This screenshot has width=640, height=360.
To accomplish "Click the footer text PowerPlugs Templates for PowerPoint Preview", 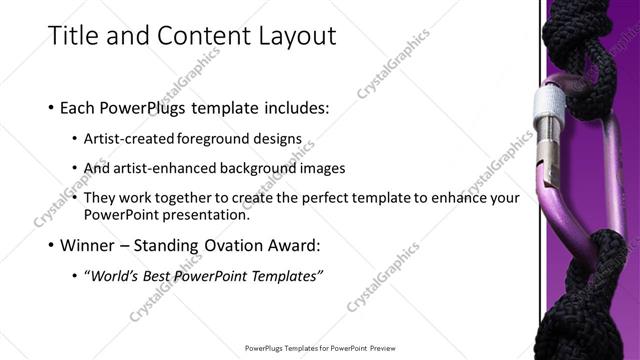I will click(320, 348).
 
